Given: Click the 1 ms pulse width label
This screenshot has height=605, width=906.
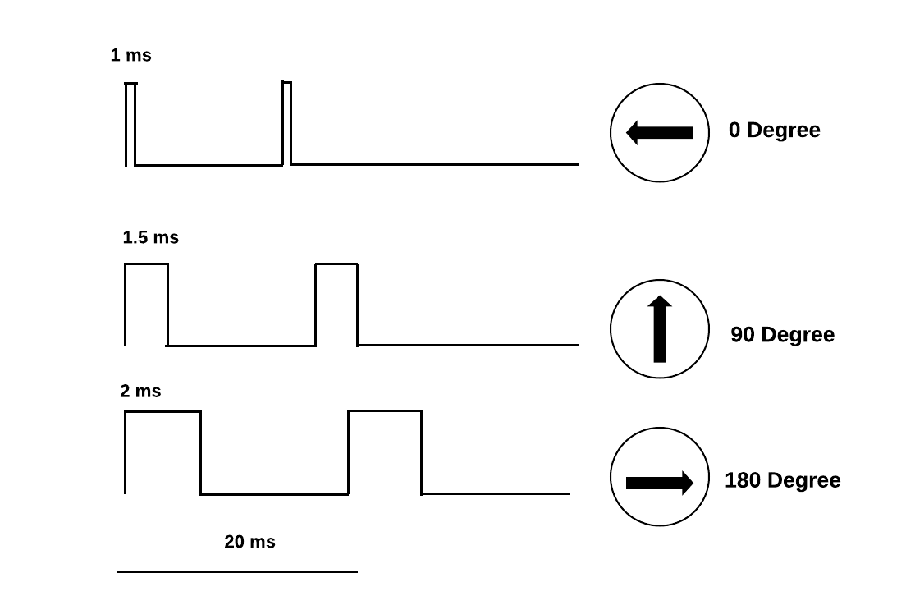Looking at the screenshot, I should (x=131, y=56).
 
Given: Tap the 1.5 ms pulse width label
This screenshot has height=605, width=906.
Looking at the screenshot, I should (x=150, y=238).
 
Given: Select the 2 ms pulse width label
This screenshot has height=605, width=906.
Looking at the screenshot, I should (x=140, y=392).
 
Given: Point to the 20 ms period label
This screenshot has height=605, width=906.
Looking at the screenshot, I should (x=249, y=542).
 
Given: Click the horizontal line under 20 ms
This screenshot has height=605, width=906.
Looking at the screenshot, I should (x=237, y=571).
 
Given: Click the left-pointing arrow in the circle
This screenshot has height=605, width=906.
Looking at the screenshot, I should (x=660, y=132).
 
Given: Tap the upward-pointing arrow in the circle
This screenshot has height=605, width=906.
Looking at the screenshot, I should (x=660, y=329).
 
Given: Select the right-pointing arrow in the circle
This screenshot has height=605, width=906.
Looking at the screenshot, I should (x=660, y=483).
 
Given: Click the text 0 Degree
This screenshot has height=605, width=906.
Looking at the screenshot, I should (x=774, y=131).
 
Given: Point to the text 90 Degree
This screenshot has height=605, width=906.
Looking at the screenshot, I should (x=782, y=335).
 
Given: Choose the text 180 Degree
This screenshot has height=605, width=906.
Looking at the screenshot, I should (x=782, y=480).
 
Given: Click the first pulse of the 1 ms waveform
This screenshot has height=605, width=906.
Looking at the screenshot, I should (x=130, y=123).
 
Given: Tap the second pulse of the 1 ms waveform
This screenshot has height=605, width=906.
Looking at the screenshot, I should (x=286, y=123).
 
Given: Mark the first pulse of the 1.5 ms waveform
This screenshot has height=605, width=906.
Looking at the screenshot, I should (x=146, y=304).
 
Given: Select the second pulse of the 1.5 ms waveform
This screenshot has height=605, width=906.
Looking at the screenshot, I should (x=336, y=304).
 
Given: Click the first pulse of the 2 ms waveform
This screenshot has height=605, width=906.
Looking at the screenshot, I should (x=162, y=451).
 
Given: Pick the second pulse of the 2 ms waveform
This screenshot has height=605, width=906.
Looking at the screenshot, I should (x=385, y=451).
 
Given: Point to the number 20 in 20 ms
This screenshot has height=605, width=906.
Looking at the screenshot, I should (x=236, y=542).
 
